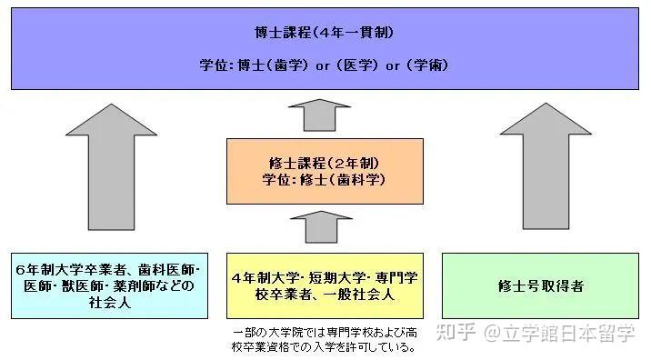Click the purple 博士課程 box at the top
tap(325, 47)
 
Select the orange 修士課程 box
tap(324, 171)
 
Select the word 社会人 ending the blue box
tap(111, 303)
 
